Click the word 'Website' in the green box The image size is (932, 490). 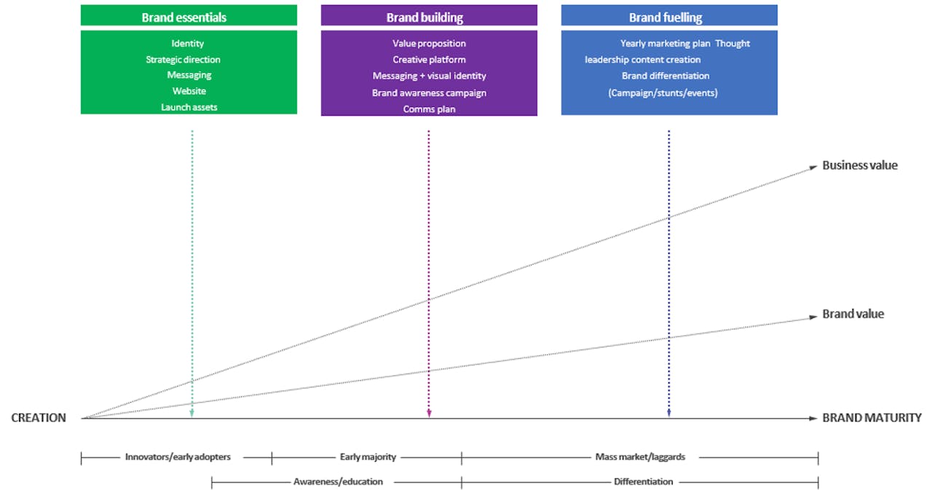pos(189,91)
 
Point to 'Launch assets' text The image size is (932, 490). pos(189,107)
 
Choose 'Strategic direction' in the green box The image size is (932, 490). pos(183,60)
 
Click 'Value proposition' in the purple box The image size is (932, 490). pos(429,43)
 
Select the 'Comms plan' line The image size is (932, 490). pos(429,109)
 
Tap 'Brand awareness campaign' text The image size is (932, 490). pos(429,92)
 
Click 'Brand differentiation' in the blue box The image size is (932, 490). pos(666,76)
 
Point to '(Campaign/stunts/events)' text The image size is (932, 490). pos(663,92)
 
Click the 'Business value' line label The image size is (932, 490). pos(860,165)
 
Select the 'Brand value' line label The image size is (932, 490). pos(853,314)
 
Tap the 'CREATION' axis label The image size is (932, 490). pos(39,418)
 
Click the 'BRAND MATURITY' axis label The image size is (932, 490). pos(872,418)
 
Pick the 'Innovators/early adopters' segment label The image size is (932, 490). pos(178,457)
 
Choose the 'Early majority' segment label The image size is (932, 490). pos(368,457)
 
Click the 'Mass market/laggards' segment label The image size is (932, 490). pos(640,457)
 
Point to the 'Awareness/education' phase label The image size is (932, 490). pos(338,482)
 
